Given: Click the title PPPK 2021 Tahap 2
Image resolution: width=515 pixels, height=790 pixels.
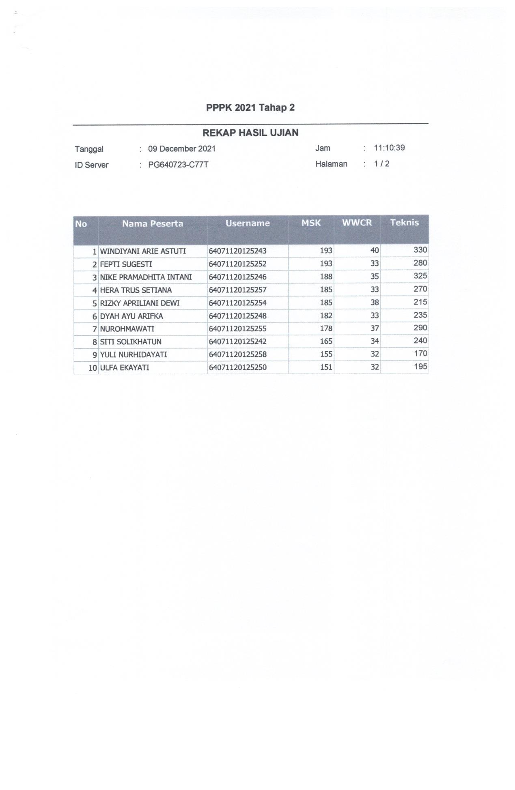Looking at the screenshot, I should tap(250, 107).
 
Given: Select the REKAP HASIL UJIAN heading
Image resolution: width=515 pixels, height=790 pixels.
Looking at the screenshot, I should tap(250, 133).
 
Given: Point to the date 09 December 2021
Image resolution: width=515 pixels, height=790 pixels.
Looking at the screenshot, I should tap(181, 148).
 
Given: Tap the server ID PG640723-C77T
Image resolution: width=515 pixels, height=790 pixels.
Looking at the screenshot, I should tap(178, 165).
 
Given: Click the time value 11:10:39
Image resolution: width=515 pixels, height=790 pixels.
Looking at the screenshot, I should tap(389, 148).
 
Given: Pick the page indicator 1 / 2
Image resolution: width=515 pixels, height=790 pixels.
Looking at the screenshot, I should tap(381, 164).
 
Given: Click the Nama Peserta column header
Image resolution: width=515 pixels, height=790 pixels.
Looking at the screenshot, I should tap(153, 223).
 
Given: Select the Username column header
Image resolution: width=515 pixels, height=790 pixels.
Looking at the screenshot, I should tap(248, 223).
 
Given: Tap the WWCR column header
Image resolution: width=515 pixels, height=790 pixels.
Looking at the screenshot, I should tap(357, 223).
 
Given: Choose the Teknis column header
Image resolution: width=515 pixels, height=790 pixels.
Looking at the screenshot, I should tap(404, 222).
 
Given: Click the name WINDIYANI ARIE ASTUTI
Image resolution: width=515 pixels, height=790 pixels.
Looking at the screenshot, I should tap(143, 251).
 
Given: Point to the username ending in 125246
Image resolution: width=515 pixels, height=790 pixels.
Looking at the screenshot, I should tap(237, 277).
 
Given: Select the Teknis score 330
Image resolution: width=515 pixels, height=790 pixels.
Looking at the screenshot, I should tap(420, 250).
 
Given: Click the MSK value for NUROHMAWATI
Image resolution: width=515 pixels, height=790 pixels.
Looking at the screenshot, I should tap(326, 328).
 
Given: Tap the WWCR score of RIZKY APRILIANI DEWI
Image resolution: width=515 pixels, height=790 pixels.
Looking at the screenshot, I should tap(374, 303).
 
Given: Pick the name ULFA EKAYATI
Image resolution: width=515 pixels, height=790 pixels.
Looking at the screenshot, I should tap(125, 367).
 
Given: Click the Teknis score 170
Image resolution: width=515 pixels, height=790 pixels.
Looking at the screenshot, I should tap(420, 353).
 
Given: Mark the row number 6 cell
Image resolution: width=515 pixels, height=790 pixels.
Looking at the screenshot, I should tap(95, 316).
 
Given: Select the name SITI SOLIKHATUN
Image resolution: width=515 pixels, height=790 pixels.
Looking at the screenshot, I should tap(131, 341).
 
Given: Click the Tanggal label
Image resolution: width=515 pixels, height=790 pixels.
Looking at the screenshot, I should tap(89, 149).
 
